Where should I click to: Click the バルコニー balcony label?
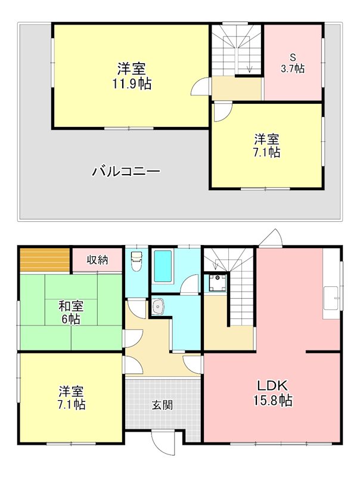[126, 172]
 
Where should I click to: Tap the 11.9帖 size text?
[132, 84]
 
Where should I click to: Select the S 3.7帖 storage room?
[293, 63]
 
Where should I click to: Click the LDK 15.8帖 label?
[274, 392]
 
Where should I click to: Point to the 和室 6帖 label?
[71, 312]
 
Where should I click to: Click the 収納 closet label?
[97, 259]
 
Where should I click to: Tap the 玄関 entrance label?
[162, 405]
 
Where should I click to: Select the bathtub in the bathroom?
[163, 266]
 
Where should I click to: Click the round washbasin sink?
[159, 306]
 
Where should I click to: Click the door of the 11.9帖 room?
[200, 89]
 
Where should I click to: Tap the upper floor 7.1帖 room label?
[266, 146]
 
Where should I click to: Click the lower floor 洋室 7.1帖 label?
[71, 398]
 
